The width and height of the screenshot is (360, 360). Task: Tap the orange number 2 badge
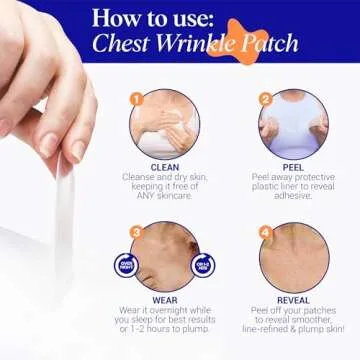[265, 100]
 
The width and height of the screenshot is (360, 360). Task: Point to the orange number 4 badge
[265, 232]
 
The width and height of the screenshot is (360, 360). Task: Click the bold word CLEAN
[166, 167]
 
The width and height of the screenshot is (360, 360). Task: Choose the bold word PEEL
[293, 167]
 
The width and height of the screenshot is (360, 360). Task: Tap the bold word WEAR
[166, 297]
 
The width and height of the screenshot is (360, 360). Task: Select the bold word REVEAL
[293, 297]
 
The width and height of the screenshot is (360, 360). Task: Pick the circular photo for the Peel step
[294, 125]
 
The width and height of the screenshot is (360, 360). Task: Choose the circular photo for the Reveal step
[294, 257]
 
